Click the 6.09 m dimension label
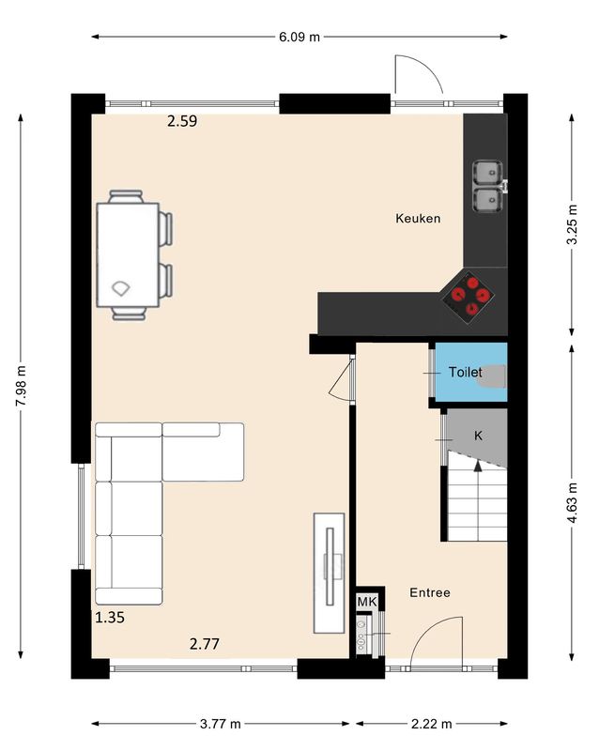click(x=299, y=37)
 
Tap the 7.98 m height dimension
click(x=21, y=386)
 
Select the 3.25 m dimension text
click(x=572, y=224)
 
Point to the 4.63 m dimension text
click(x=572, y=503)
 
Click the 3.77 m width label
click(x=221, y=724)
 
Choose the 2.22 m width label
click(x=432, y=724)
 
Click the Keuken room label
click(x=418, y=219)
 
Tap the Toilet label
click(x=466, y=372)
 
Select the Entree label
click(x=430, y=593)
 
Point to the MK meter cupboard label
click(x=367, y=602)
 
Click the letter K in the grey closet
click(x=478, y=436)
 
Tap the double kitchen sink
click(x=488, y=186)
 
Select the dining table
click(x=128, y=254)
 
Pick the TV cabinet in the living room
click(x=330, y=574)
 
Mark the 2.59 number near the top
click(x=182, y=121)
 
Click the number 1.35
click(x=110, y=618)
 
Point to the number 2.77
click(x=205, y=644)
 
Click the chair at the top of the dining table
click(x=126, y=196)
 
